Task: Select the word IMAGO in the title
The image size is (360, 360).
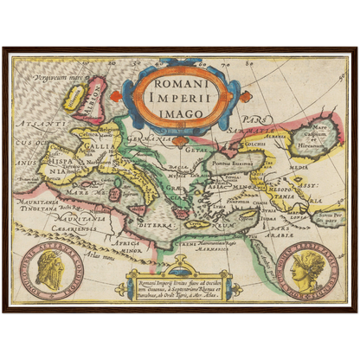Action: coord(181,111)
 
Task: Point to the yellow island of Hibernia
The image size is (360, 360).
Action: coord(73,98)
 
